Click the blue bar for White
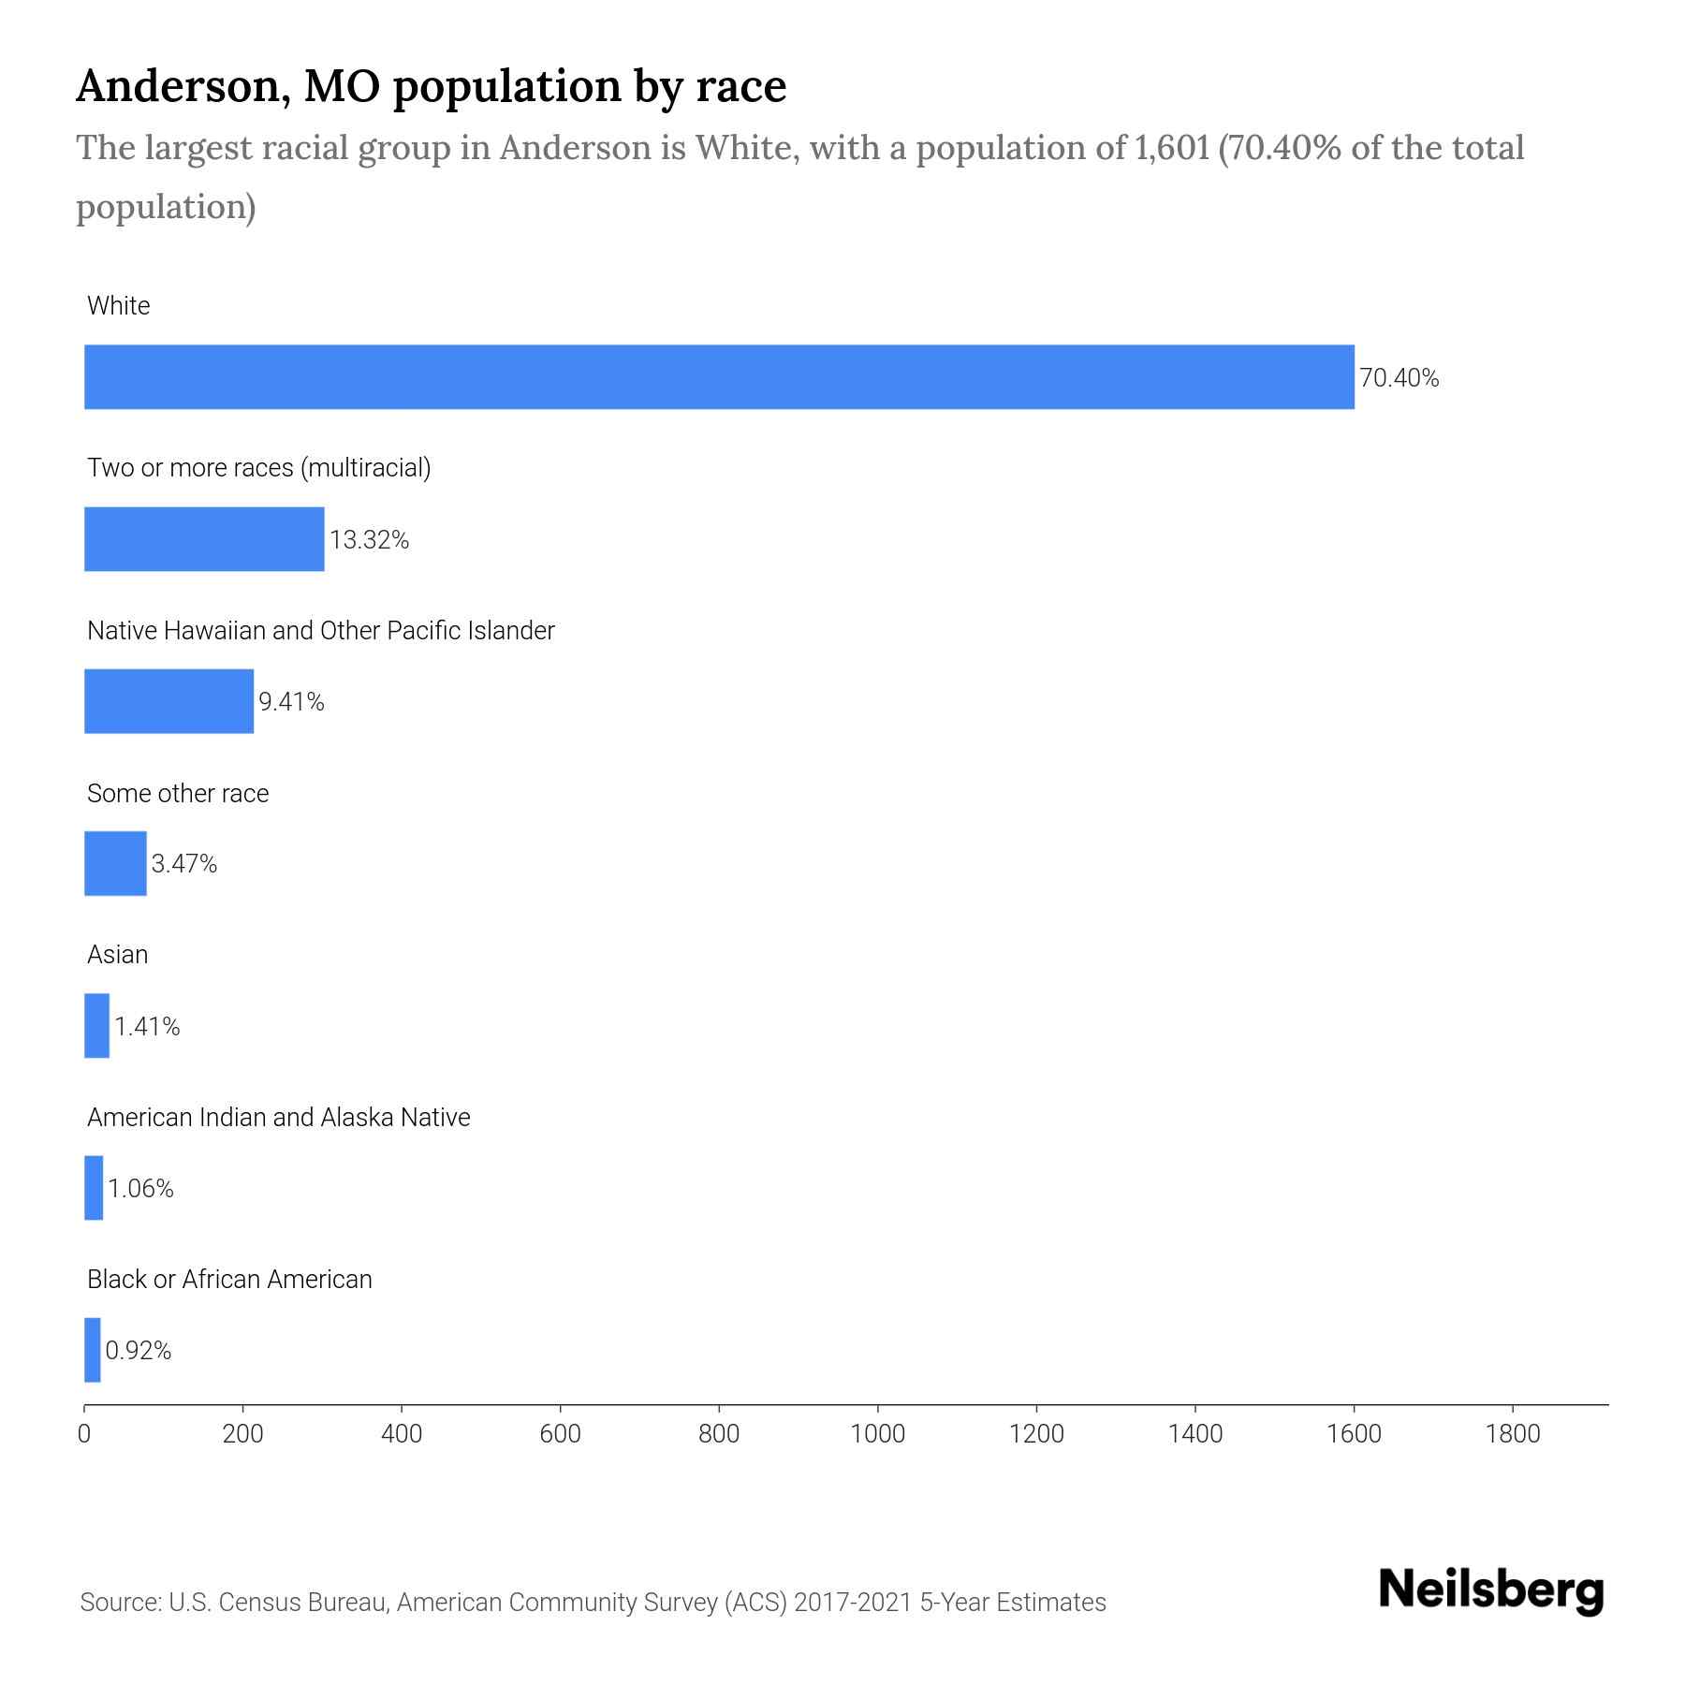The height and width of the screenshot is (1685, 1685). (719, 377)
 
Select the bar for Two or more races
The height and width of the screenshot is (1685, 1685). (204, 539)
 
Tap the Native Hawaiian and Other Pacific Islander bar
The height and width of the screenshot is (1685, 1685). (168, 701)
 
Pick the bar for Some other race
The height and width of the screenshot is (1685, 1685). (115, 863)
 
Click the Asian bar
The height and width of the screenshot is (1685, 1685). (97, 1026)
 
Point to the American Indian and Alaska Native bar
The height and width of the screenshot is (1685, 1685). (94, 1188)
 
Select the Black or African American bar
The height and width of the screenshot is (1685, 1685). (93, 1350)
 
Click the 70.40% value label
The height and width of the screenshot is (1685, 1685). (1399, 378)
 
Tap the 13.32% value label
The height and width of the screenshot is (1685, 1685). (369, 540)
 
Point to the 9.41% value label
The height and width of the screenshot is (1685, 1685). (291, 702)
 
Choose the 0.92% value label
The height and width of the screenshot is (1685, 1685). (138, 1351)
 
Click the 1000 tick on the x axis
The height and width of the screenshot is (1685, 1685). (877, 1434)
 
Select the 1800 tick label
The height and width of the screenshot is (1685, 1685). (1513, 1434)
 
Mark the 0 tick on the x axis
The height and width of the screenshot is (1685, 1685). (84, 1434)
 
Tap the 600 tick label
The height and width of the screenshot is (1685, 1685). (560, 1434)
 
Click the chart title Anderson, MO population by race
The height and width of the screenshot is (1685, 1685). (431, 86)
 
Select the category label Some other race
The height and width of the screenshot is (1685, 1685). (178, 794)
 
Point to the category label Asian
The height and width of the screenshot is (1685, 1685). (118, 955)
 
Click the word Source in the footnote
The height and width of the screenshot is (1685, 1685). (119, 1603)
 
